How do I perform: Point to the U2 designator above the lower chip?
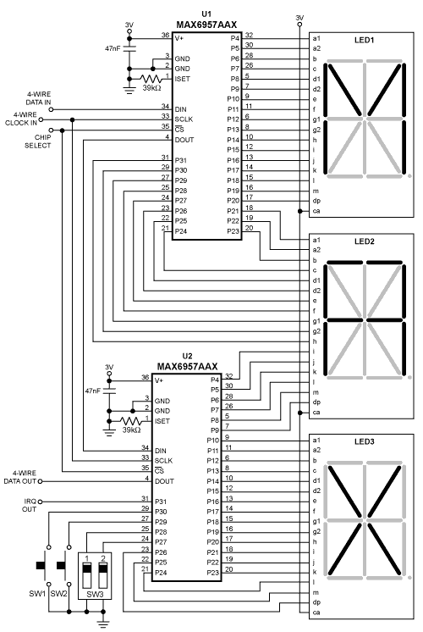coord(187,357)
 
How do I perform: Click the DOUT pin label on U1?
coord(185,138)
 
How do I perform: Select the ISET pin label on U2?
coord(163,421)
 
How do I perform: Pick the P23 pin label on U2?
coord(212,573)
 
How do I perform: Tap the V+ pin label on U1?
coord(179,37)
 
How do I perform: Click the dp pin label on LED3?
coord(316,602)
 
